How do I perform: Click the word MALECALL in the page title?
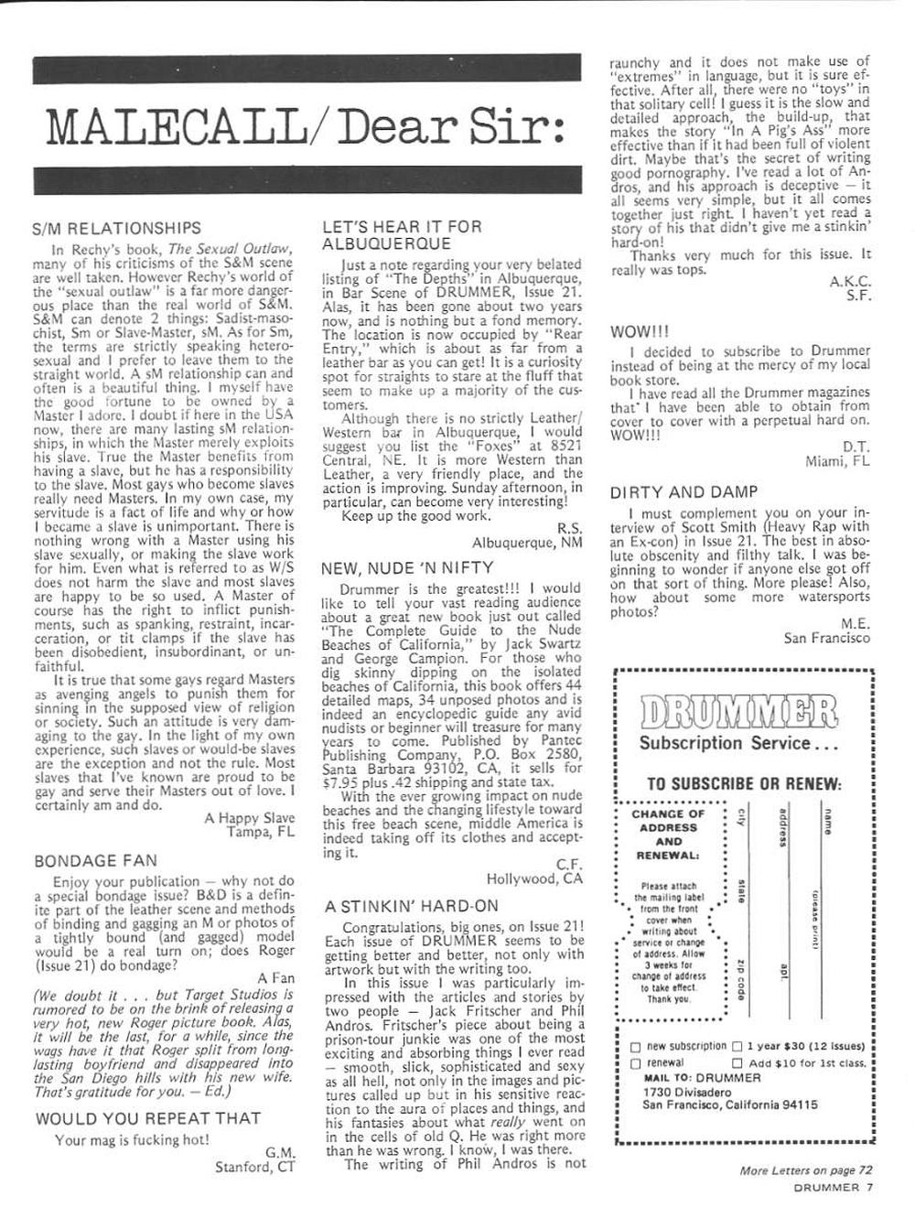(x=174, y=129)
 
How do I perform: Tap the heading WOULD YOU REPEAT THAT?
(x=148, y=1117)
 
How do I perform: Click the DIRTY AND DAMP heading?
(x=684, y=492)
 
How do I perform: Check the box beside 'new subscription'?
(x=636, y=1047)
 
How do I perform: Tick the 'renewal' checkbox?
(x=636, y=1063)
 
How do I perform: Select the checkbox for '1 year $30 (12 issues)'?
(x=737, y=1047)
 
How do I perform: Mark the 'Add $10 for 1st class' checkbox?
(x=737, y=1063)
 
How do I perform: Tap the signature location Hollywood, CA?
(x=534, y=878)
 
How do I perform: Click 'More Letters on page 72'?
(x=805, y=1169)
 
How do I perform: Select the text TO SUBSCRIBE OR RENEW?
(x=744, y=784)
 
